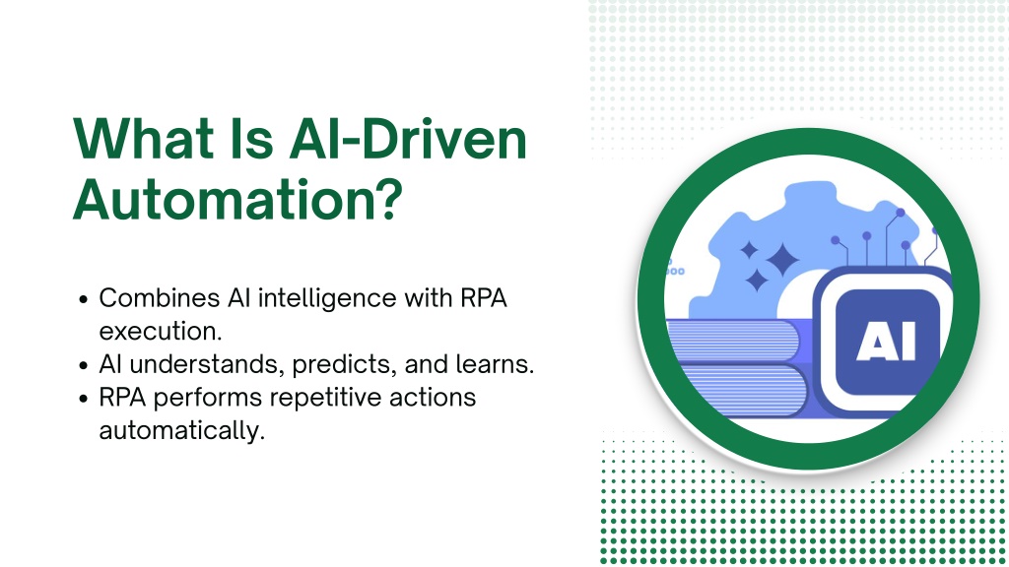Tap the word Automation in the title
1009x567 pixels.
(x=221, y=199)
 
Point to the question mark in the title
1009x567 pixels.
(x=387, y=199)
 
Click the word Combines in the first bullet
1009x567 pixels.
(x=159, y=298)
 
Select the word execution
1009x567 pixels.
(x=161, y=331)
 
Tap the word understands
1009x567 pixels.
(x=207, y=364)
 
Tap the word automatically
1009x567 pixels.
(x=181, y=431)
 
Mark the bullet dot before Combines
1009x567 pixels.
(x=83, y=299)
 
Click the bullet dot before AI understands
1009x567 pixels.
(x=83, y=366)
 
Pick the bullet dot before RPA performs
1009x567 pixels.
(x=83, y=400)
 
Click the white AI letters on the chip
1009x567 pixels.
(x=886, y=342)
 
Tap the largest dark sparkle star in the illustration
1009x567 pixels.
(x=782, y=260)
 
